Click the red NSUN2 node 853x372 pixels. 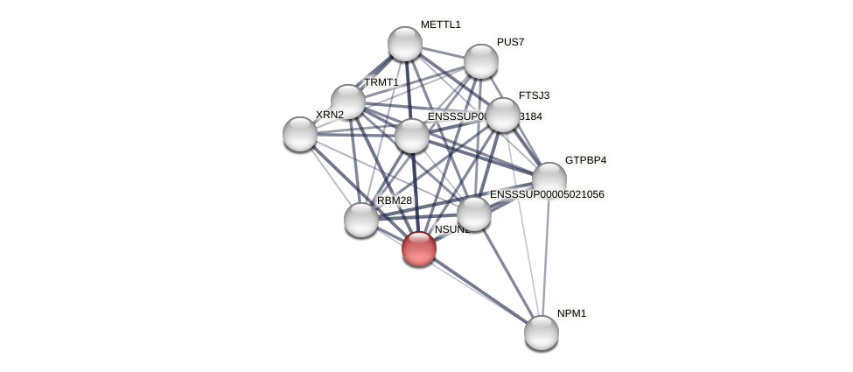[x=419, y=249]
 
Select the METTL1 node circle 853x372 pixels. [x=405, y=44]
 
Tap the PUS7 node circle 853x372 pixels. [x=481, y=61]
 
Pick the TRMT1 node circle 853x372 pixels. [x=348, y=102]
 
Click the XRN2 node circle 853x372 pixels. [x=300, y=133]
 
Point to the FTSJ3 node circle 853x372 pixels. [x=503, y=115]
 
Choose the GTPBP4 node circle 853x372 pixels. [x=549, y=179]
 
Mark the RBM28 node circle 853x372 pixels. [x=361, y=219]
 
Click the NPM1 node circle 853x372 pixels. [x=542, y=333]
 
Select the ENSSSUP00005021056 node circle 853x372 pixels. [x=474, y=214]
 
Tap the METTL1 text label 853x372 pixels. [x=440, y=25]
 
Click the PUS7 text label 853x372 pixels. [x=510, y=42]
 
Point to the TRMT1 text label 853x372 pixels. [x=381, y=82]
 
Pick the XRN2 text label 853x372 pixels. [x=330, y=115]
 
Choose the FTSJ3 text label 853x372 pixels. [x=534, y=95]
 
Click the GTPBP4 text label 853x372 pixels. [x=585, y=160]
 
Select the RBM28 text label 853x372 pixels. [x=394, y=200]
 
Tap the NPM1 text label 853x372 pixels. [x=571, y=313]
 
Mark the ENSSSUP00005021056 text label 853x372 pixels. [x=546, y=194]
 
